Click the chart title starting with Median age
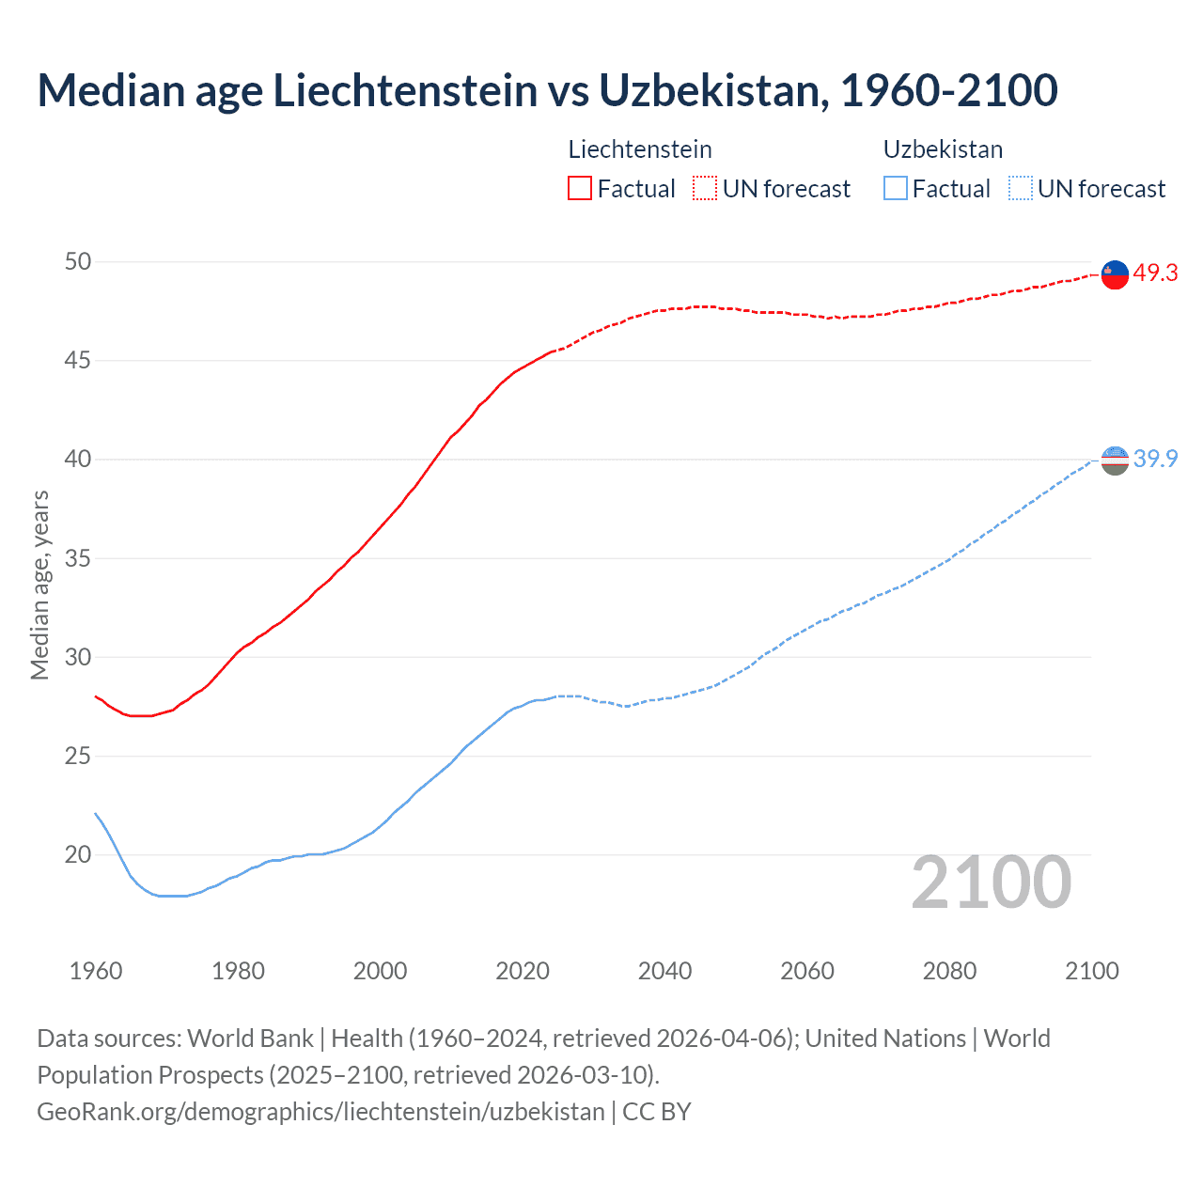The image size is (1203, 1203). click(547, 90)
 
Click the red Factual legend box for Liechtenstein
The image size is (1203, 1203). click(580, 188)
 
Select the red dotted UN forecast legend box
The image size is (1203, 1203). click(705, 188)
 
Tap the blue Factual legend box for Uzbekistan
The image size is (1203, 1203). click(896, 188)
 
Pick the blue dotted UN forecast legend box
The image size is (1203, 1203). click(1020, 188)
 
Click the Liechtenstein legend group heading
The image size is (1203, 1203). click(640, 149)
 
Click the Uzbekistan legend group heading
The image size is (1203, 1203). click(943, 149)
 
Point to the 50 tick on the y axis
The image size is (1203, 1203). click(78, 261)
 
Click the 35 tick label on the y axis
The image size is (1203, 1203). click(78, 558)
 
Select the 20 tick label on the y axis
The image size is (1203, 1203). click(78, 854)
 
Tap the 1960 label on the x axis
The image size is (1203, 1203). click(96, 971)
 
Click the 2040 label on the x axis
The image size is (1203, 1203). click(664, 971)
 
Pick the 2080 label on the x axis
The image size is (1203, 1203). click(949, 971)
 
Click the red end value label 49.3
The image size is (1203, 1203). click(1155, 273)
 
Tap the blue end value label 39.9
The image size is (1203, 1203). click(1155, 459)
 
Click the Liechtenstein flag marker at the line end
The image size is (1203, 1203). click(1115, 274)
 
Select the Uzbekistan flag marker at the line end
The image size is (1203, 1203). click(1115, 461)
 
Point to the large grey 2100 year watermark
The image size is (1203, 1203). click(991, 882)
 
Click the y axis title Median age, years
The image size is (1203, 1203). click(39, 585)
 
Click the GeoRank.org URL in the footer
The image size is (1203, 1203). click(320, 1111)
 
